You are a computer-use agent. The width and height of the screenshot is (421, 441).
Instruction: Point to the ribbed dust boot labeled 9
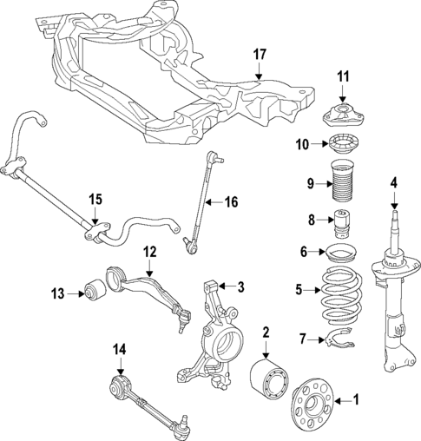341,183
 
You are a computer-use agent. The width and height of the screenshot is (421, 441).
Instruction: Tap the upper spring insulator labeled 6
341,255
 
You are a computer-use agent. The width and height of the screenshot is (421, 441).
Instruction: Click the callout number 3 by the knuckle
242,286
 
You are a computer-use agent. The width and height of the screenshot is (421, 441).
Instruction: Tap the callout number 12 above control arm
149,252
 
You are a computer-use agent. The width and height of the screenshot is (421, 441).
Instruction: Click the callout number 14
120,349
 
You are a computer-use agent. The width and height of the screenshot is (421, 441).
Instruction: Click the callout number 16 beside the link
230,202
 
